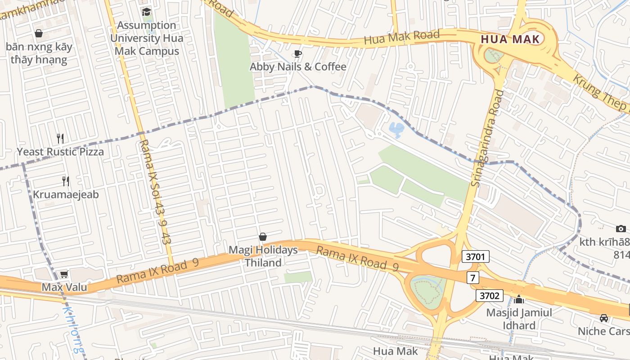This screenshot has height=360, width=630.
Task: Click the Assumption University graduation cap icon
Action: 147,12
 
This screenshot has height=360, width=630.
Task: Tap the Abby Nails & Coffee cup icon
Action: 297,54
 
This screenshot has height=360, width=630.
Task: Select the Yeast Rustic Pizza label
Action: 60,152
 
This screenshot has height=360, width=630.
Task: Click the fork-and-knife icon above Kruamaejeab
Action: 66,181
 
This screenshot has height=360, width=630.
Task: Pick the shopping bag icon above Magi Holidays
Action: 263,237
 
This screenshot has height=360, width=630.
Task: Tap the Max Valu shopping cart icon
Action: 64,274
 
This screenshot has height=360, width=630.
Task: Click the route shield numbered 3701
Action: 475,257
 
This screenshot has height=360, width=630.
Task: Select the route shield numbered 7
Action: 472,278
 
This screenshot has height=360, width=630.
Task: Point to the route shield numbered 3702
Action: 490,296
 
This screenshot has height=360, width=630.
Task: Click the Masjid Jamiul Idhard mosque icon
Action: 519,299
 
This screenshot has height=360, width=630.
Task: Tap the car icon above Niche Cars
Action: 603,318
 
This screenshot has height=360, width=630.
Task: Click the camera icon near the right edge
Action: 621,229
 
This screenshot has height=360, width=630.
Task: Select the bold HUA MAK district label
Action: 510,39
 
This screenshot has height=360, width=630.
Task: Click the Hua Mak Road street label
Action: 401,37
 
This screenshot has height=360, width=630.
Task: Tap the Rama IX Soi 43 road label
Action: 155,191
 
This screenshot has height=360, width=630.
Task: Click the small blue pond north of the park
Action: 396,130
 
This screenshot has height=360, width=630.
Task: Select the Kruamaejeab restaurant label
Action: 66,195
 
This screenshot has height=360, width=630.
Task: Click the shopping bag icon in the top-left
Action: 39,33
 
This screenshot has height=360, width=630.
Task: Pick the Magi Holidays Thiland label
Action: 263,256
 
